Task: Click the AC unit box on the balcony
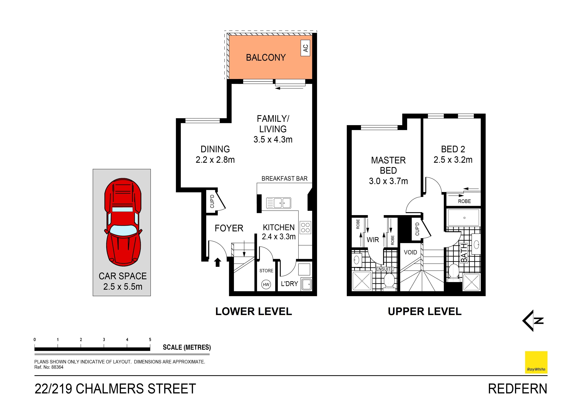point(305,48)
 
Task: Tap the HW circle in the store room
point(266,284)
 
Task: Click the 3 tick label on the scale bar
point(104,340)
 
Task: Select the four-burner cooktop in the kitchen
point(305,227)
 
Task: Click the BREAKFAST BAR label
point(284,178)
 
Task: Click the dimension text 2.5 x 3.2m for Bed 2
point(453,160)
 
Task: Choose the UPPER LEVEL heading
point(424,311)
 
